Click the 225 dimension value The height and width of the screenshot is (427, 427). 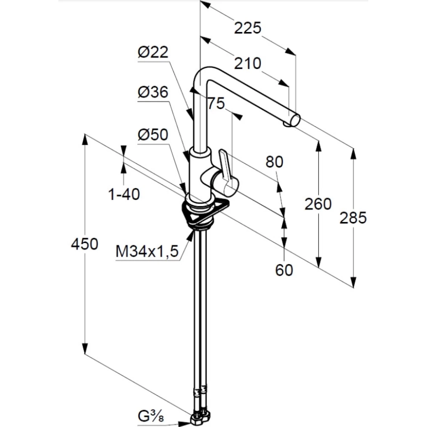pos(248,28)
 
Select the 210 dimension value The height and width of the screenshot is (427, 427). pos(248,64)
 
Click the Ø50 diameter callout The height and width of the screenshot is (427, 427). pos(153,135)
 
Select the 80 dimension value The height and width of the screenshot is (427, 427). pos(274,162)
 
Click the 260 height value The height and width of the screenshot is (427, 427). pos(318,204)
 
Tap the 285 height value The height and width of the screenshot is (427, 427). pos(353,218)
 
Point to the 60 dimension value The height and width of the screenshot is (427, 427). pos(284,270)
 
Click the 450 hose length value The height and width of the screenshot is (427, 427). pos(84,244)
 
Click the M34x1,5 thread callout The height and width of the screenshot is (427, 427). pos(147,252)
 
